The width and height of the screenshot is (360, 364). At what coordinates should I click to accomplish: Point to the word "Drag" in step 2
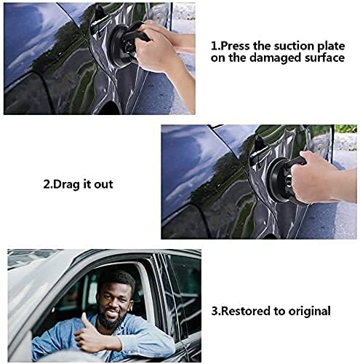[63, 184]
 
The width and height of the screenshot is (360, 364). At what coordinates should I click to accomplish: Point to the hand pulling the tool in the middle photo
[313, 176]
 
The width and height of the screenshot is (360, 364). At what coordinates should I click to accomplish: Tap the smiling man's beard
[111, 319]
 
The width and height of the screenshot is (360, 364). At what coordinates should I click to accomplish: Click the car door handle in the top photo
[99, 20]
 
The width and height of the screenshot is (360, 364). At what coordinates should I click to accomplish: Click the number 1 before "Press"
[214, 46]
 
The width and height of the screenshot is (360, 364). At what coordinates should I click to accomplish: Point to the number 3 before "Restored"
[215, 311]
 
